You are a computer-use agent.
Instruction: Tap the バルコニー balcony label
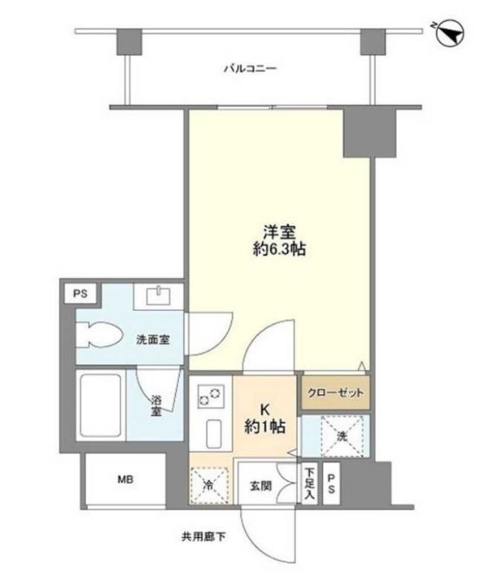click(249, 69)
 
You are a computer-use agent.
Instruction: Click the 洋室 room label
click(279, 232)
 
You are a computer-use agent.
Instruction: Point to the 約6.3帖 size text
click(279, 250)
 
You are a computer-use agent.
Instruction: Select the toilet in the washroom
click(101, 333)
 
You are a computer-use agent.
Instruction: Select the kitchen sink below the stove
click(211, 432)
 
